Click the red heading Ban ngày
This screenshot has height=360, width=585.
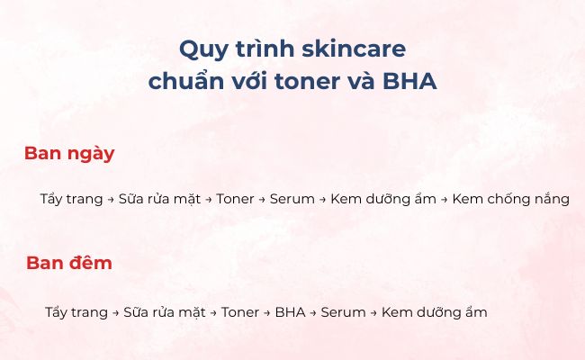[x=69, y=153]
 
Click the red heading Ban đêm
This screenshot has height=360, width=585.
[x=69, y=264]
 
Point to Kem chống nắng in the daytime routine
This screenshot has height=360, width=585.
[x=510, y=199]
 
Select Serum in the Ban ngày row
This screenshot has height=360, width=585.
[x=292, y=199]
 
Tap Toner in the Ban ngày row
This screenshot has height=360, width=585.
[x=235, y=199]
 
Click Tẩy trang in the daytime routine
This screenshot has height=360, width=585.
[x=71, y=199]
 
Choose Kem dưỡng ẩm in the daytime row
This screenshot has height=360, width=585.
[x=383, y=199]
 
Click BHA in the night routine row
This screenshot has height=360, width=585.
[x=290, y=312]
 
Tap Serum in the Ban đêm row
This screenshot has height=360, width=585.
[x=343, y=312]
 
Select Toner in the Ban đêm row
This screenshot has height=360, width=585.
[x=239, y=312]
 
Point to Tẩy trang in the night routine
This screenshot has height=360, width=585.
[x=76, y=312]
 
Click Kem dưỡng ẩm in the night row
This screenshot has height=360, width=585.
[x=434, y=312]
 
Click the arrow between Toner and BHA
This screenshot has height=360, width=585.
[x=267, y=313]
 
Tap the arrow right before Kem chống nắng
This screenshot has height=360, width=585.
[x=445, y=200]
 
